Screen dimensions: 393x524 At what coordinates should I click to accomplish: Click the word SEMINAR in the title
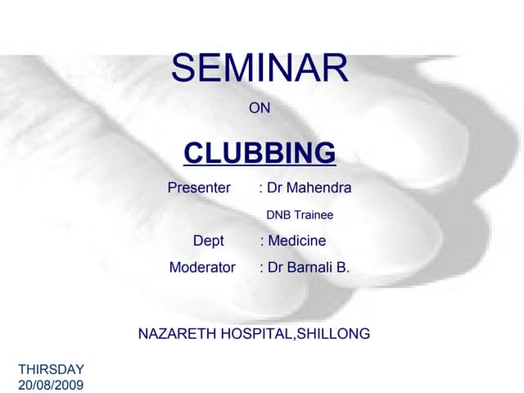260,69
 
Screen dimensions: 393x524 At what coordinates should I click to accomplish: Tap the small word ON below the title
260,107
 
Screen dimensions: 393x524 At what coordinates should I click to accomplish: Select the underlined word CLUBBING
260,152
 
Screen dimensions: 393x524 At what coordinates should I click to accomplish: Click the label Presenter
199,188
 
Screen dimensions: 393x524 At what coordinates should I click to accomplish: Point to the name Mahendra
318,188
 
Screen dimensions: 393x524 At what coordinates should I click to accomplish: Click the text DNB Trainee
300,215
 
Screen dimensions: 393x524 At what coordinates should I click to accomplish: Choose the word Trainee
314,215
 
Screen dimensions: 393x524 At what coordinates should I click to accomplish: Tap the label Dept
208,241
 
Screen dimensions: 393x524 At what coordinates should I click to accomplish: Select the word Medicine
297,241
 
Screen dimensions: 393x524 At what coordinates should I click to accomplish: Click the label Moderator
202,267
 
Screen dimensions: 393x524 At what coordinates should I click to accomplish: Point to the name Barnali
310,267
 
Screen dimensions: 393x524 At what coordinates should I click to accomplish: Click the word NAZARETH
174,333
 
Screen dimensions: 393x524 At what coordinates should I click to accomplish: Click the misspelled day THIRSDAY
51,370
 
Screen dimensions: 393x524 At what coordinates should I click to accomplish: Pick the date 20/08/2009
51,384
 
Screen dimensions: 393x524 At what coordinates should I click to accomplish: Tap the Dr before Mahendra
275,188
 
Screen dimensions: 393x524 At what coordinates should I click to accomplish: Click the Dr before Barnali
275,267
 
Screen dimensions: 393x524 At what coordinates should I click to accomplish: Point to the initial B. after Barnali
343,267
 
